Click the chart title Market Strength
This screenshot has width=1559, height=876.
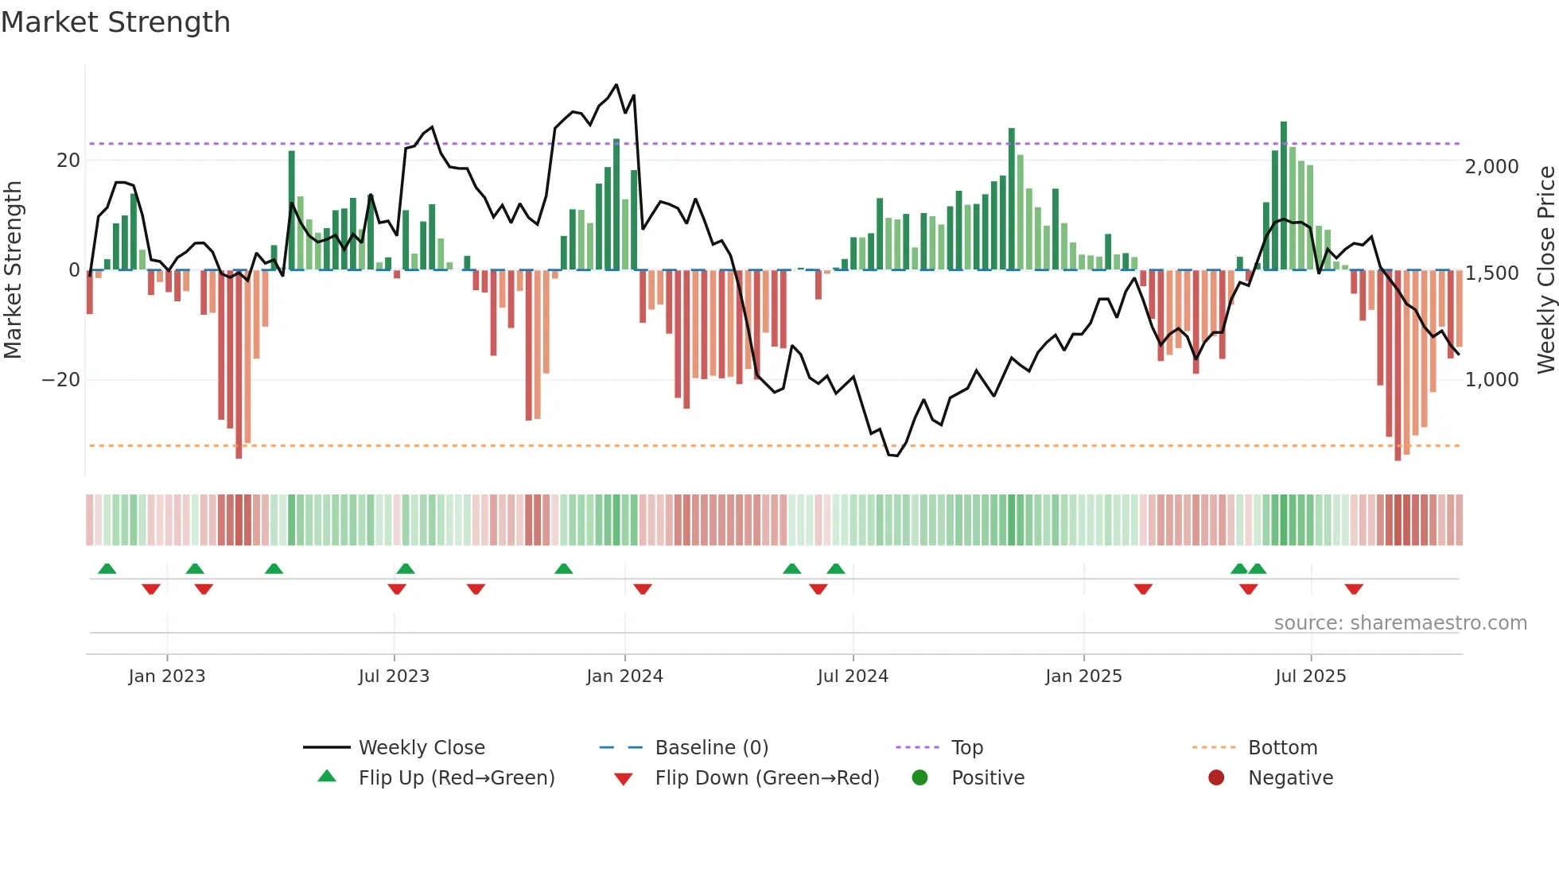click(115, 22)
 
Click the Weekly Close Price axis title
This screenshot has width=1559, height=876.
click(1545, 270)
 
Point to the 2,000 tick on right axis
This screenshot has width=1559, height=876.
click(1491, 167)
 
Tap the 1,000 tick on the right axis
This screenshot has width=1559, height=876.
click(1491, 380)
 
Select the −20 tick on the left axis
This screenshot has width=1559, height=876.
click(61, 380)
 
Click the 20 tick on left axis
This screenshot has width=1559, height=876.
click(68, 161)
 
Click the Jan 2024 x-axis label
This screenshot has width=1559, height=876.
click(624, 676)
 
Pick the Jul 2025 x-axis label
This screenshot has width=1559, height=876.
click(1310, 676)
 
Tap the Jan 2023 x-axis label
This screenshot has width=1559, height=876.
click(166, 676)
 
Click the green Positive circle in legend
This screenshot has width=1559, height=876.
click(919, 778)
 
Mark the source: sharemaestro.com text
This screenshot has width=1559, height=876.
click(1400, 623)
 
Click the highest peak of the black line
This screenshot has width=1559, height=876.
click(616, 85)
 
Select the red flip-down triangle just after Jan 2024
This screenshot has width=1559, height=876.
click(643, 589)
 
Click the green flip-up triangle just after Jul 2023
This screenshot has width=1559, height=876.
click(406, 568)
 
